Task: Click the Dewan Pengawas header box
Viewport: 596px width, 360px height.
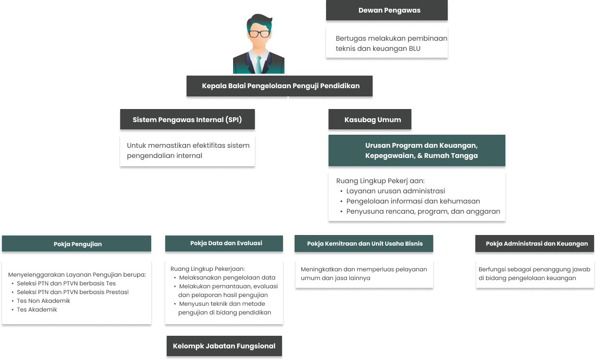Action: (387, 10)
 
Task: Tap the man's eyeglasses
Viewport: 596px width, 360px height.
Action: (258, 34)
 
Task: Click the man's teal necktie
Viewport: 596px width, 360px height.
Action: (259, 63)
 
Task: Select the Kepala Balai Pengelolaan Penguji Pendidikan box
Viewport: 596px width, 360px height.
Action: (280, 86)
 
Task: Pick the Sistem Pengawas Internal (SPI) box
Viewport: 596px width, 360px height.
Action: (187, 120)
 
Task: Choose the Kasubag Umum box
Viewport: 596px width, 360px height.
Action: (370, 120)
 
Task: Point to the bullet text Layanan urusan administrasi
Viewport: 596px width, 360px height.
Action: (395, 191)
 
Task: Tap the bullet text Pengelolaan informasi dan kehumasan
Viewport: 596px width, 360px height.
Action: (413, 201)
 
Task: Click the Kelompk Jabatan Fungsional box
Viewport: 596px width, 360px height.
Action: (224, 346)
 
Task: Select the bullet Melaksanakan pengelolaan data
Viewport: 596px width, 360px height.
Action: (227, 278)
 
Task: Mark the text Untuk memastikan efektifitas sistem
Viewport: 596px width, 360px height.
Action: (188, 145)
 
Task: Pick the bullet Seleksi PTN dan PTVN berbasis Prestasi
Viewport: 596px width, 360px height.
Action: (73, 292)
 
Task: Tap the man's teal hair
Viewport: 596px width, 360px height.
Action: (259, 21)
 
